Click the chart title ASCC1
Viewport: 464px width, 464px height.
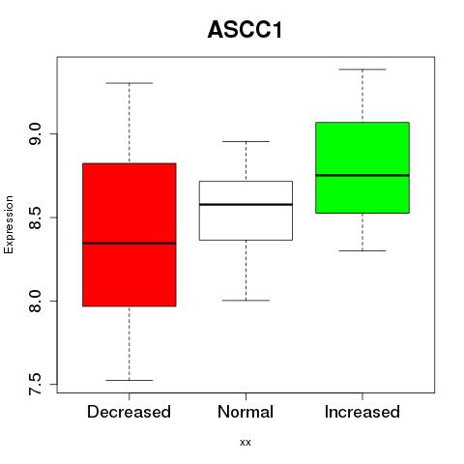click(x=246, y=30)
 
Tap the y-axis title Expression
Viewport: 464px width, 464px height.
click(x=9, y=224)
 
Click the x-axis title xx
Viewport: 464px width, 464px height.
click(x=246, y=442)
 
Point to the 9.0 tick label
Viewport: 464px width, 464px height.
click(x=35, y=133)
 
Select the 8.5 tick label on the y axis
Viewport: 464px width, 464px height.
click(x=35, y=217)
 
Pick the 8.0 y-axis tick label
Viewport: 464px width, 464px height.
click(x=35, y=301)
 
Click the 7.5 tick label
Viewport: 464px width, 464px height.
click(x=35, y=384)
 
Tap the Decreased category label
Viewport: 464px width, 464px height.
click(x=129, y=412)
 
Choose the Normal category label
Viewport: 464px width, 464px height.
click(x=246, y=412)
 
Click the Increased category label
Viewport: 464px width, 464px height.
click(x=362, y=412)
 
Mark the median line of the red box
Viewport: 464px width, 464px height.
click(x=130, y=244)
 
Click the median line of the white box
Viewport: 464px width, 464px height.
click(x=246, y=204)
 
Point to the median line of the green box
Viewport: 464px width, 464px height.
click(x=362, y=175)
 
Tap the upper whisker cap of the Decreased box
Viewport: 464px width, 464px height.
click(x=130, y=83)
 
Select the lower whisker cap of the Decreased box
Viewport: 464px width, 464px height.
click(x=130, y=380)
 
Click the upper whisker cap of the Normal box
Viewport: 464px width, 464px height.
click(x=246, y=141)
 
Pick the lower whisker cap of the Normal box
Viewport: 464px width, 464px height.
click(x=246, y=301)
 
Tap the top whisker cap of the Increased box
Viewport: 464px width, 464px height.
click(x=362, y=70)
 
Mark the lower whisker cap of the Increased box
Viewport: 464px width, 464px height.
click(x=362, y=250)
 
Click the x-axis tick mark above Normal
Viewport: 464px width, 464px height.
click(x=246, y=396)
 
